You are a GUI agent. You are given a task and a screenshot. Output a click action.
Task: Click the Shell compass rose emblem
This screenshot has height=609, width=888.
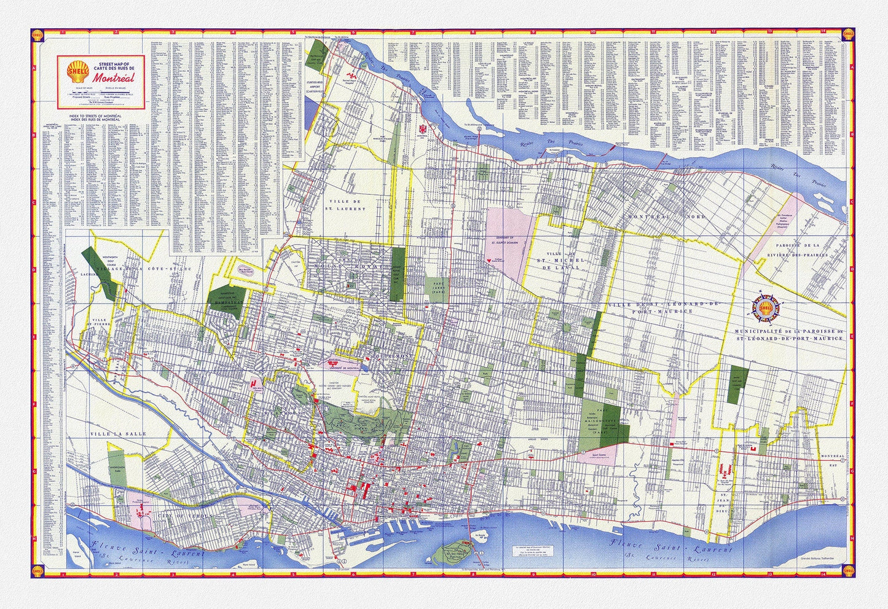[766, 308]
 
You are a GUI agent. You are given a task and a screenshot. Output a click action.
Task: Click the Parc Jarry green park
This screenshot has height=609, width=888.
[434, 287]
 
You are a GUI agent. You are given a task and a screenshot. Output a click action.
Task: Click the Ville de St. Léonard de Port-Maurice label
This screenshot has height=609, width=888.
[651, 307]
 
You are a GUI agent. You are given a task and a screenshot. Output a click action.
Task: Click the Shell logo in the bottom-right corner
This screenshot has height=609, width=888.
[847, 569]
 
